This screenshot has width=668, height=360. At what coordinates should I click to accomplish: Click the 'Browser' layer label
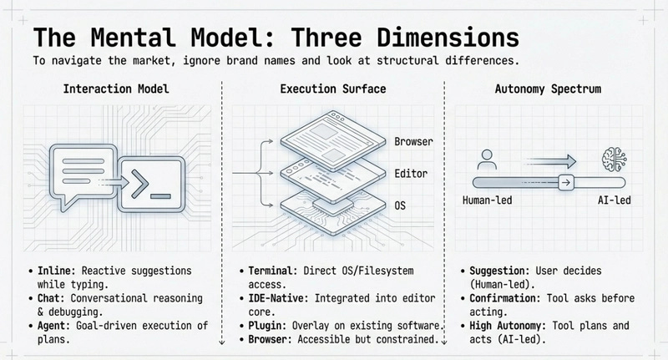(x=413, y=142)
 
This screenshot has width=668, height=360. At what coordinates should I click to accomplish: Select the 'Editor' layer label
(x=410, y=173)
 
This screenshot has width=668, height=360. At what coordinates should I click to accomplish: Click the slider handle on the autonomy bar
(x=565, y=182)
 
